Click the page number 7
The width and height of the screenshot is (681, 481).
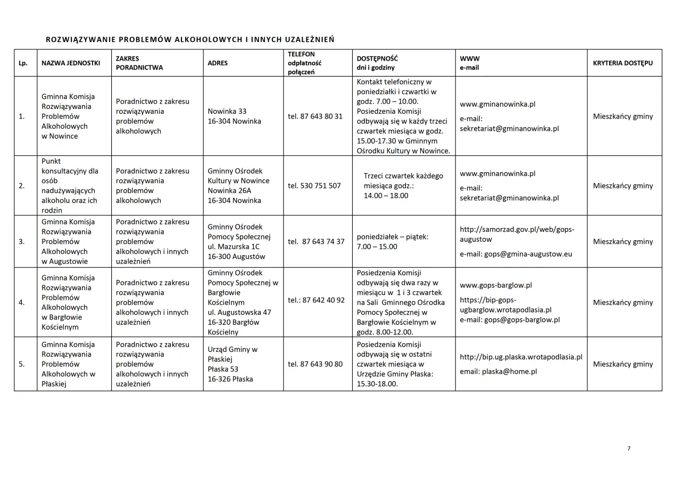(x=629, y=449)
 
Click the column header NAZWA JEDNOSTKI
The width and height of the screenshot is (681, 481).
(x=71, y=63)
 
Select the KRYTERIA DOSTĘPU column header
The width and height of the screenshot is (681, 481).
(x=622, y=63)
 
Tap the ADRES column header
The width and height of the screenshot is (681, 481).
(x=218, y=63)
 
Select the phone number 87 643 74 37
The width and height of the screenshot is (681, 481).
(x=323, y=242)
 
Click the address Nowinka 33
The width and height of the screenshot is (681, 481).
(x=227, y=111)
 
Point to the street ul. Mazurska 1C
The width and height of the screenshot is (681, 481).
(x=234, y=247)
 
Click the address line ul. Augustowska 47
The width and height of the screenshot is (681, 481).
(x=239, y=312)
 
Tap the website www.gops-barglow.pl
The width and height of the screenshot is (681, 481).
(x=496, y=285)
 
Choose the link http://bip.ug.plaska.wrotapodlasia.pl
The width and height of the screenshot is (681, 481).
(x=521, y=357)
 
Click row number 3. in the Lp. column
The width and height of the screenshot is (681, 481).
(x=21, y=242)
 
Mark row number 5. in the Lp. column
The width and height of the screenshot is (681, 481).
(x=21, y=364)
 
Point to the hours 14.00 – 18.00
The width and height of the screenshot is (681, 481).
(x=386, y=196)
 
